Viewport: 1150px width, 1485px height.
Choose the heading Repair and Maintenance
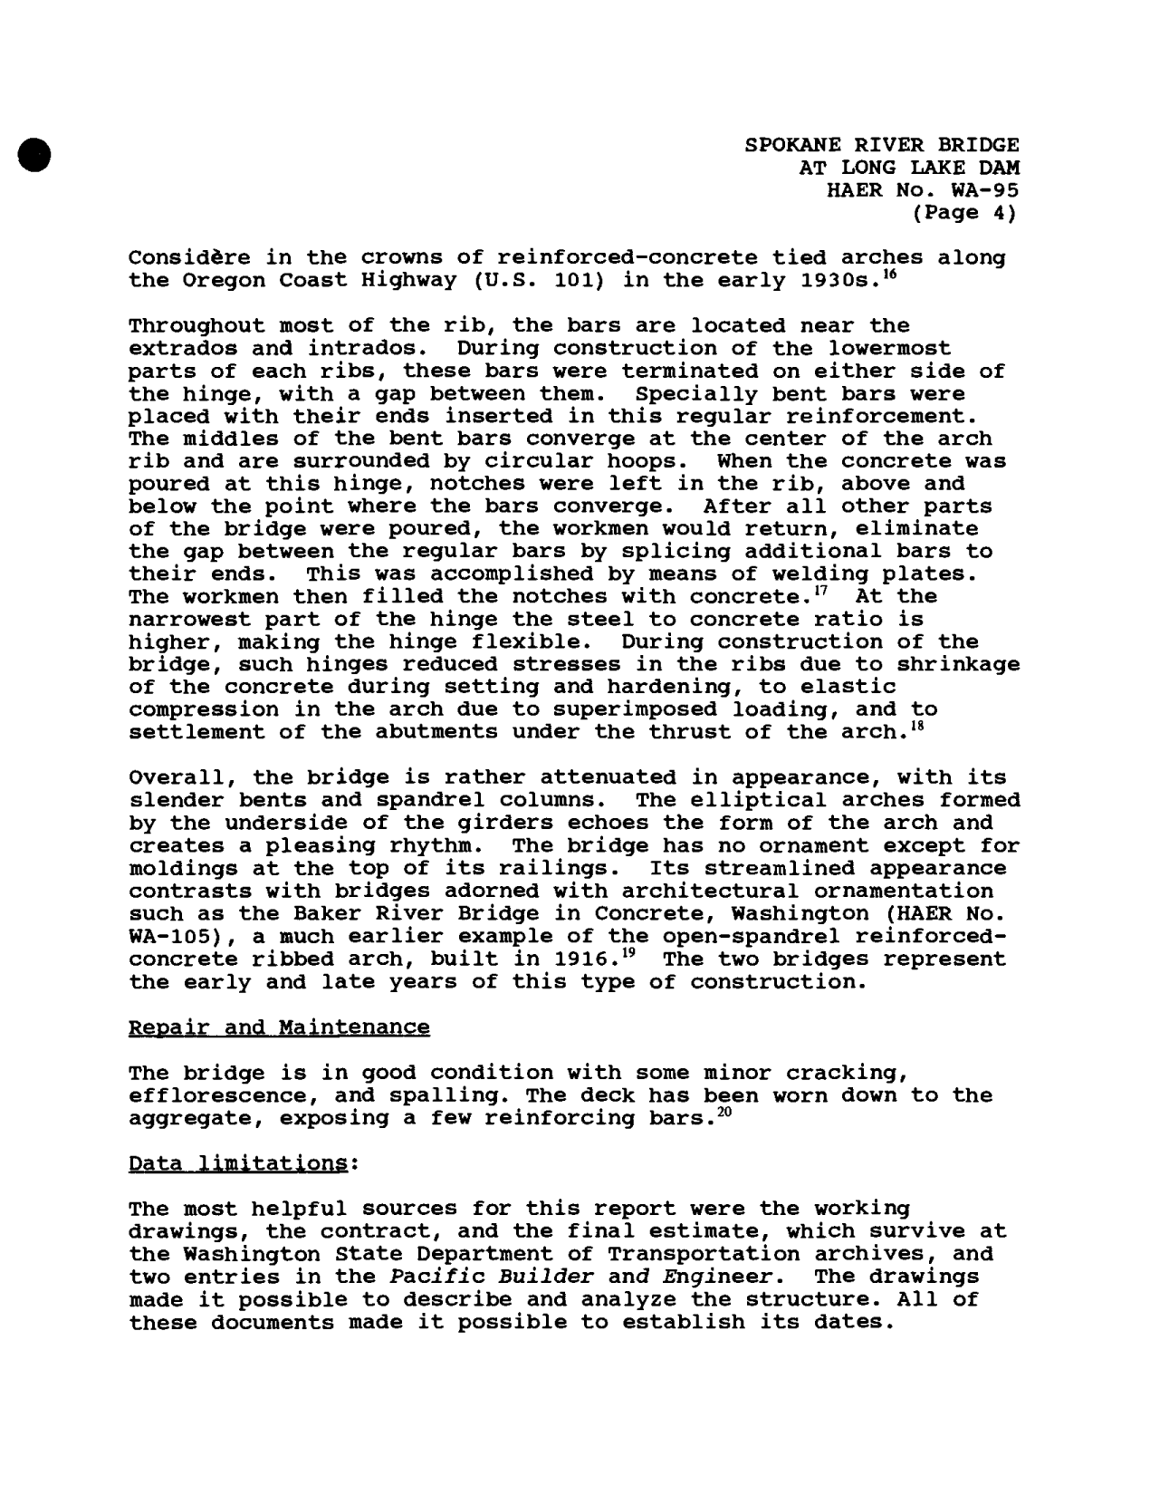(280, 1027)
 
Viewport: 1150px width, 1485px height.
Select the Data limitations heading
(240, 1163)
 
